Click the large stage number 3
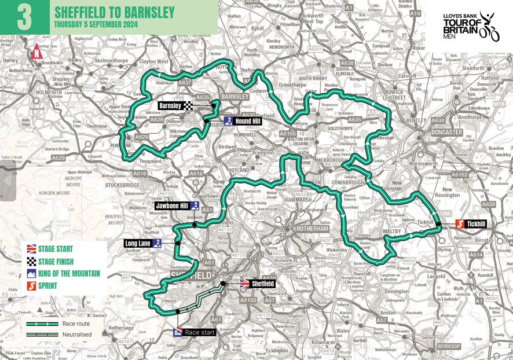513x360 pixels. click(x=24, y=17)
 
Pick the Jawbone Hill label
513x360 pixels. click(x=173, y=205)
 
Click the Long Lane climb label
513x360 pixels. click(x=138, y=244)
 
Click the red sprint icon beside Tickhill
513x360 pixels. click(x=458, y=224)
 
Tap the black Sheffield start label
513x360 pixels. click(x=262, y=284)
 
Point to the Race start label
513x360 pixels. click(x=200, y=332)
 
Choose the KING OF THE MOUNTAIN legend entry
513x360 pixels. click(x=69, y=274)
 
